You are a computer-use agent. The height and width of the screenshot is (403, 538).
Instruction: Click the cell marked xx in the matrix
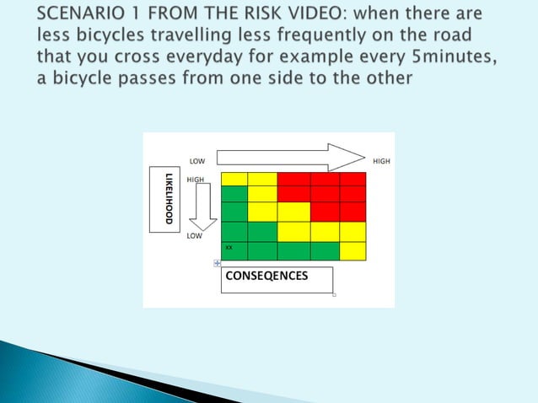click(234, 250)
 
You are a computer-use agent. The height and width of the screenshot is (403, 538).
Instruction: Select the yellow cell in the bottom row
click(352, 250)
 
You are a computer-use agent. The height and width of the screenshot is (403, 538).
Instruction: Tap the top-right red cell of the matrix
click(352, 179)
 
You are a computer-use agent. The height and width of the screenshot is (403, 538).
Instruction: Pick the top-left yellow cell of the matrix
click(234, 179)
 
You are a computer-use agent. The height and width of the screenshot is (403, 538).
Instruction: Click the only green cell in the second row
click(234, 194)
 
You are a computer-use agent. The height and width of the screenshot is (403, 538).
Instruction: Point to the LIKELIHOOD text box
click(166, 199)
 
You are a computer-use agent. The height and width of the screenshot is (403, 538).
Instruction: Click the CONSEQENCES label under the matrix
click(266, 276)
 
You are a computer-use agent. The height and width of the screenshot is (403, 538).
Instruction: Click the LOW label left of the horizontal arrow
click(196, 160)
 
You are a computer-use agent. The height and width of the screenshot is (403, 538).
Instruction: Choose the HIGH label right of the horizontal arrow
click(380, 160)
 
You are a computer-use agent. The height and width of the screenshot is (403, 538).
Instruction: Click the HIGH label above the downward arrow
click(196, 180)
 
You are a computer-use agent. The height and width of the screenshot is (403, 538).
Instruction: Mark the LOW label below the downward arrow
click(195, 236)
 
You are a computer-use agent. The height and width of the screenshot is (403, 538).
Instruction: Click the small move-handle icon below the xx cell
click(218, 264)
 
